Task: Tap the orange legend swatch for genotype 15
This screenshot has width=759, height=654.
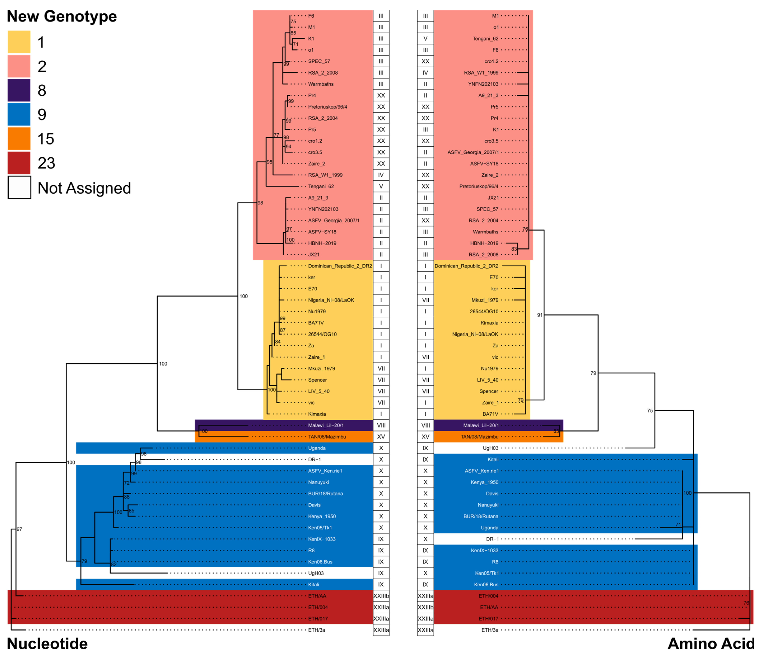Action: tap(19, 139)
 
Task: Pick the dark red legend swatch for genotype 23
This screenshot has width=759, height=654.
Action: tap(19, 163)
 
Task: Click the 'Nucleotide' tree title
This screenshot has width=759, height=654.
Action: tap(47, 643)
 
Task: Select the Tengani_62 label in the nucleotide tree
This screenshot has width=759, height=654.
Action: tap(321, 186)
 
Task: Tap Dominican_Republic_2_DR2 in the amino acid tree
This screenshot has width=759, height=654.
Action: tap(466, 266)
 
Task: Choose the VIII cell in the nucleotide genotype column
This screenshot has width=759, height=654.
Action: tap(381, 425)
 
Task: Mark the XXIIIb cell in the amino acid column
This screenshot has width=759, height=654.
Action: tap(425, 607)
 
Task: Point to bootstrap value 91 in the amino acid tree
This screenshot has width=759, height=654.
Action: tap(540, 315)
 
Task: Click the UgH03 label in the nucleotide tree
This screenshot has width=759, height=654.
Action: tap(316, 573)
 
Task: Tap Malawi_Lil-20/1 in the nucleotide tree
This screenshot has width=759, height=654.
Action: tap(326, 425)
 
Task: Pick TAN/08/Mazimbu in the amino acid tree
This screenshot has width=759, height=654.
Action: tap(480, 437)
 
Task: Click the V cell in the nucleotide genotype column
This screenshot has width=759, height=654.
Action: tap(381, 186)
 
